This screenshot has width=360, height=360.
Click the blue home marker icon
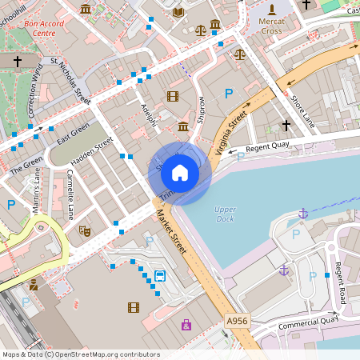pyautogui.click(x=180, y=172)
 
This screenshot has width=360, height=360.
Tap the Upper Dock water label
pyautogui.click(x=226, y=214)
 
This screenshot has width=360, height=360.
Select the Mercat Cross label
pyautogui.click(x=272, y=25)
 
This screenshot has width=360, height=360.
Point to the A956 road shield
pyautogui.click(x=238, y=320)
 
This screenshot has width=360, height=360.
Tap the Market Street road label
pyautogui.click(x=170, y=233)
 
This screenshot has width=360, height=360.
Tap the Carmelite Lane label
pyautogui.click(x=70, y=201)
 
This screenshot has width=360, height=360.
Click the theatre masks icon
pyautogui.click(x=86, y=231)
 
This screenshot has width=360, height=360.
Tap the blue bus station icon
pyautogui.click(x=160, y=277)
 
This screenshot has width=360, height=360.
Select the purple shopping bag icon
pyautogui.click(x=186, y=324)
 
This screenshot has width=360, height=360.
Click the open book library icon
pyautogui.click(x=178, y=11)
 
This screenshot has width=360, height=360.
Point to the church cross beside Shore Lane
pyautogui.click(x=286, y=125)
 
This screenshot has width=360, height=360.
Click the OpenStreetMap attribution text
pyautogui.click(x=81, y=354)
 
